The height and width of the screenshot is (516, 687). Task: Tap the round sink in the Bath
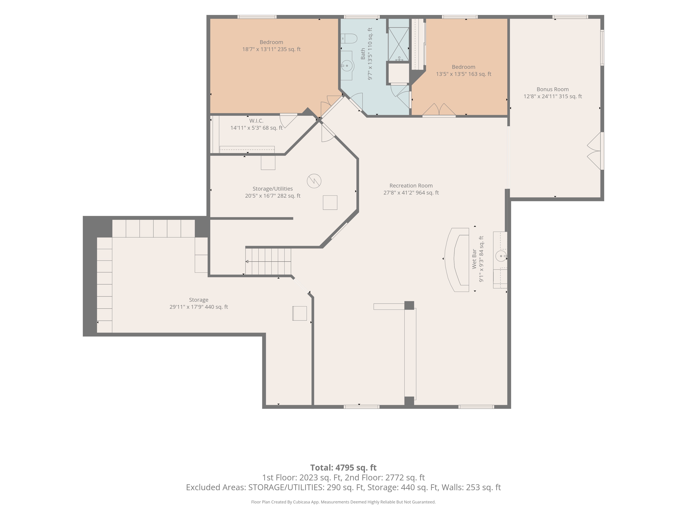(347, 66)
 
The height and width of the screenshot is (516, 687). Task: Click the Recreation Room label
(411, 186)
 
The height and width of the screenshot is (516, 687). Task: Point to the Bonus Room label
(553, 89)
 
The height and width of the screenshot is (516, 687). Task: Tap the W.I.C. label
(256, 121)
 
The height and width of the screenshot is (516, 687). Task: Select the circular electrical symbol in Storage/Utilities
(314, 181)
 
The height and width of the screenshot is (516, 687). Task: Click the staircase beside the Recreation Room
(268, 261)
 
